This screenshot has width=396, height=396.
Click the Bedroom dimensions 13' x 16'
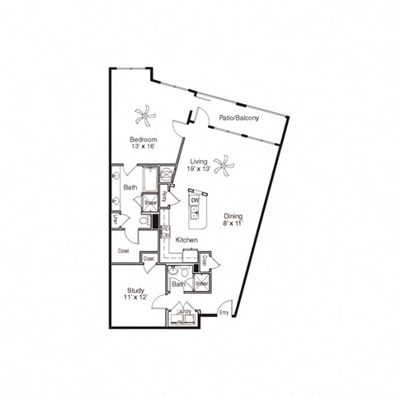[x=143, y=148]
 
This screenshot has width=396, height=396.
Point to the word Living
[x=199, y=162]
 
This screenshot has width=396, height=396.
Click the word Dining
[x=233, y=216]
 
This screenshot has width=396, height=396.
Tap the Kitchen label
[x=186, y=239]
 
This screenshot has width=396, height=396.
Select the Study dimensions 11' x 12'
[x=136, y=298]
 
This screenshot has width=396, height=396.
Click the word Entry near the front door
[x=224, y=313]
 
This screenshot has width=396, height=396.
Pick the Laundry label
[x=183, y=311]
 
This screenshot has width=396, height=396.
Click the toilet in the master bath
[x=143, y=221]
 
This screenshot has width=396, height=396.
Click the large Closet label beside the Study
[x=124, y=250]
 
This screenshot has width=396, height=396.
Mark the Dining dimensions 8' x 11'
[x=233, y=224]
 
